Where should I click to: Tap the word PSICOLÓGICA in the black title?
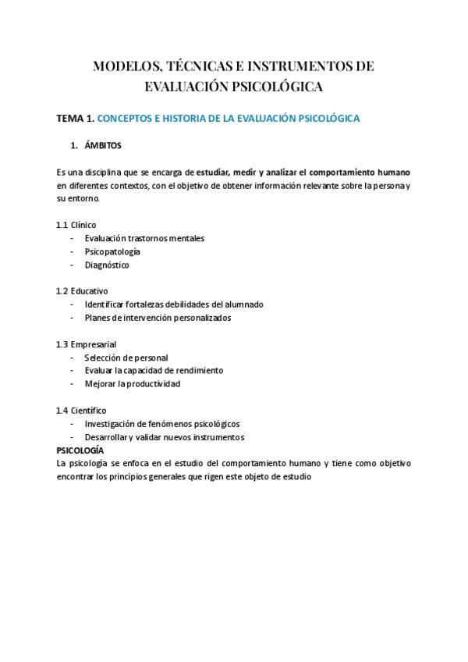[278, 85]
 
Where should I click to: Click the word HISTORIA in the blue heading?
[183, 119]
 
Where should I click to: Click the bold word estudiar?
[218, 172]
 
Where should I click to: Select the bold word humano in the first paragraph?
[394, 172]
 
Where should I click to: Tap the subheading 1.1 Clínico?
[76, 225]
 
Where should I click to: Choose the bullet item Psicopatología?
[112, 251]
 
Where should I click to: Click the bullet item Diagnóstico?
[107, 265]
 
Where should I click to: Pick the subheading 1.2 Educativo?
[82, 291]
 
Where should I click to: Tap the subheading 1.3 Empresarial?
[86, 344]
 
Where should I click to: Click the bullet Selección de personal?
[126, 358]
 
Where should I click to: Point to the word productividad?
[153, 384]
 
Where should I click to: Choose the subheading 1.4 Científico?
[81, 411]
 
